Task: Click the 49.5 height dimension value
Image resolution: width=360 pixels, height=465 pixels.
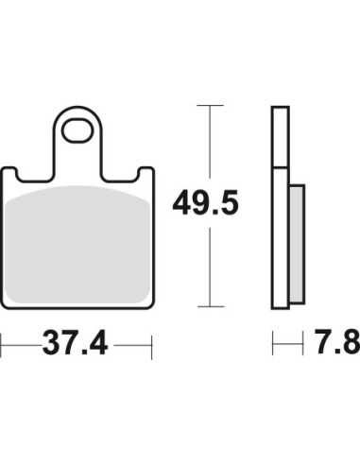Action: [205, 204]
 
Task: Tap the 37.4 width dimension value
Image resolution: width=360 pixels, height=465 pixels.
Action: [76, 343]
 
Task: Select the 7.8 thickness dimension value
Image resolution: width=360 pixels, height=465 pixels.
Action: [338, 342]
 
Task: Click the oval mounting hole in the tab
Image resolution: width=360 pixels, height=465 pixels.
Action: [77, 130]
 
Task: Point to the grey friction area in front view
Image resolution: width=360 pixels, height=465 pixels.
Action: [77, 245]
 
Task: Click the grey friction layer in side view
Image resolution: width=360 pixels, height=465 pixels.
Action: [297, 244]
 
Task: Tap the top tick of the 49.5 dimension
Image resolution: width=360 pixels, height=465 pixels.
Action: [210, 105]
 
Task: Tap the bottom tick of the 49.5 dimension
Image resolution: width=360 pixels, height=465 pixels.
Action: [211, 306]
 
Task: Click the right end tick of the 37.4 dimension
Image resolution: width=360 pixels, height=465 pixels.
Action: [152, 347]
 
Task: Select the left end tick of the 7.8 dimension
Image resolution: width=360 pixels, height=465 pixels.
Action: [273, 343]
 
